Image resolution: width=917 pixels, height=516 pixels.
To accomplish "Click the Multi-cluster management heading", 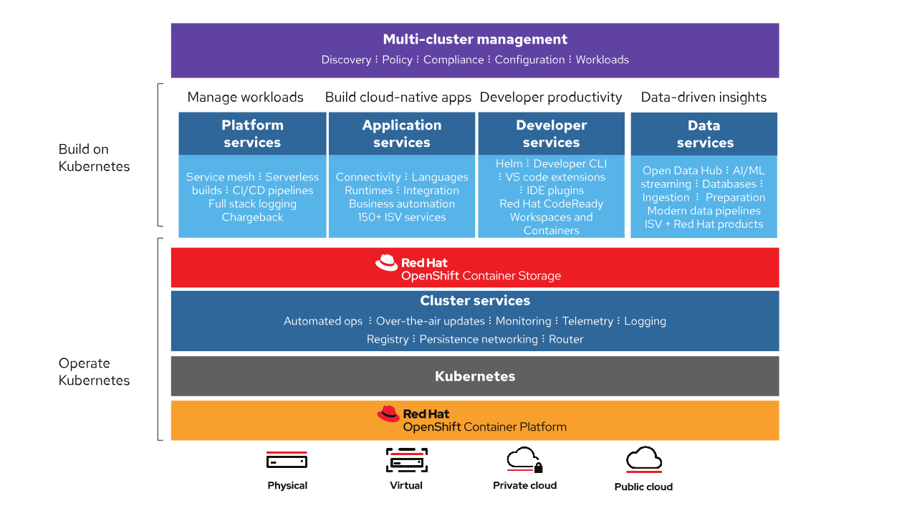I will pos(475,39).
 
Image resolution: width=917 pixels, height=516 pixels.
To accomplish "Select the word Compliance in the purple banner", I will pos(453,60).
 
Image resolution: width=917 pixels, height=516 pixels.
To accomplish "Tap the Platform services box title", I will pos(252,134).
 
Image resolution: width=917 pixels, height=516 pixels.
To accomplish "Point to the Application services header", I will pos(401,134).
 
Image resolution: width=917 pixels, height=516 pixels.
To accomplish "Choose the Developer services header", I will pos(551,134).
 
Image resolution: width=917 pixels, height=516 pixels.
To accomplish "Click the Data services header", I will pos(704,134).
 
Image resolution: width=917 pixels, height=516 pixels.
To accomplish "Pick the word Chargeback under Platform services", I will pos(252,217).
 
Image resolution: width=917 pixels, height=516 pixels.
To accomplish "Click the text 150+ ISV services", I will pos(401,217).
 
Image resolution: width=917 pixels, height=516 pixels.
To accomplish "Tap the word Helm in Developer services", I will pos(509,163).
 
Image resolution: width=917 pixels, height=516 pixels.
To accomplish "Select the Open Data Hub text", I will pos(683,171).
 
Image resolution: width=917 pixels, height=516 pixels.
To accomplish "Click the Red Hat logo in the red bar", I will pos(387,263).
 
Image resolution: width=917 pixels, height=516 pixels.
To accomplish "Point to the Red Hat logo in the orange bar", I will pos(388,414).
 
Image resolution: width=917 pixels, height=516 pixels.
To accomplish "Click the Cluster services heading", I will pos(475,301).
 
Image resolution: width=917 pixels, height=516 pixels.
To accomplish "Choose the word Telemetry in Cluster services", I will pos(587,321).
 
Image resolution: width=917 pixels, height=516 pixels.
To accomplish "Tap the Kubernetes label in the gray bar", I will pos(475,376).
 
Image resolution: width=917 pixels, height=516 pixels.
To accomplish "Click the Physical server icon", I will pos(287,460).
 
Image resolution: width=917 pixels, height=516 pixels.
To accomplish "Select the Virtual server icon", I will pos(406,460).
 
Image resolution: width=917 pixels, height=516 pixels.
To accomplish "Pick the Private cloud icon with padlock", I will pos(524,460).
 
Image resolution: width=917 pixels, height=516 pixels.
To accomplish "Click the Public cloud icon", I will pos(643,460).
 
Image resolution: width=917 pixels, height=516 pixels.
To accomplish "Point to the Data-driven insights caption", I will pos(704,97).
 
